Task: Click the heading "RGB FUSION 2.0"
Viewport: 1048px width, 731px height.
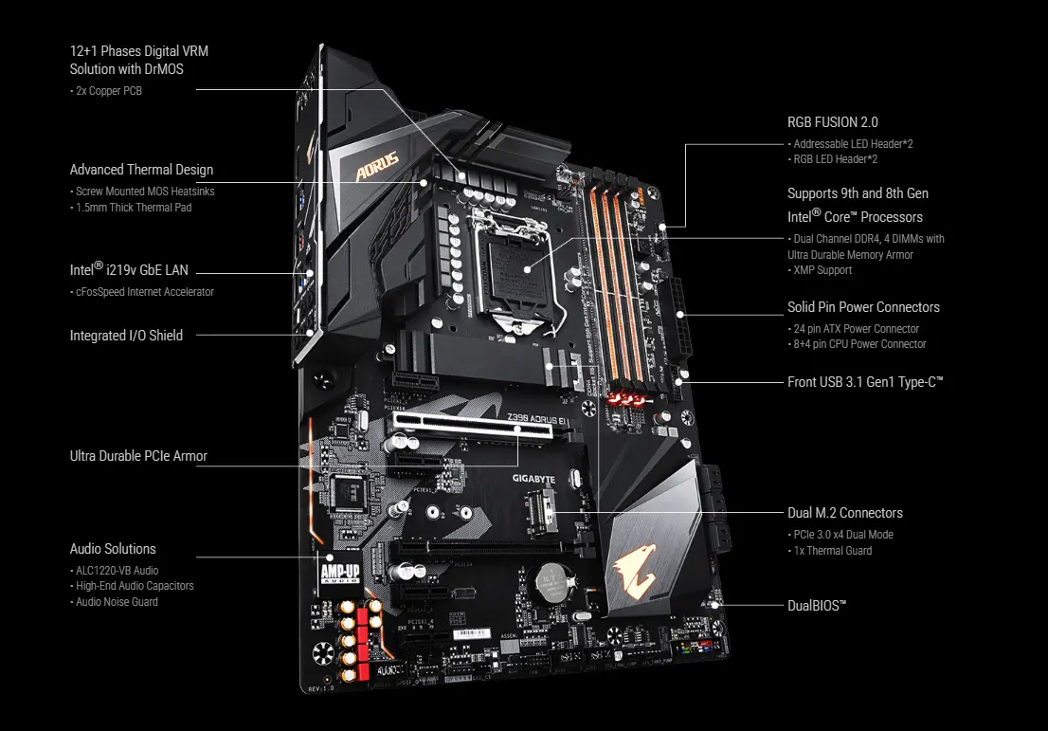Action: point(832,122)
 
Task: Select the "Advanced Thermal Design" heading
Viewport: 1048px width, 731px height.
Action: point(141,170)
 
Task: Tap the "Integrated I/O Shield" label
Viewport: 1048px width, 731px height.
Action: point(126,335)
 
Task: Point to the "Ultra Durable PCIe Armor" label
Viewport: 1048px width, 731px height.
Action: point(138,456)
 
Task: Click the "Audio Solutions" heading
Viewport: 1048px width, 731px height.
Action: point(113,549)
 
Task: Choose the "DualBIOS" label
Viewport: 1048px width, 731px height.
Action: point(817,604)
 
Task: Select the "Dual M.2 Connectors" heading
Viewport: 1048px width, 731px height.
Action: point(844,513)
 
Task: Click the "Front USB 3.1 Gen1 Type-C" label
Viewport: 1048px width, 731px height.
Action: point(865,382)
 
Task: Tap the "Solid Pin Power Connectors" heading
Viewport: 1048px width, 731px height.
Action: point(863,307)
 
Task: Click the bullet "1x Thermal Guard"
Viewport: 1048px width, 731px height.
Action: point(830,551)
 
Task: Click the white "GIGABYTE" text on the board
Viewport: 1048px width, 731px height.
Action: point(533,479)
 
